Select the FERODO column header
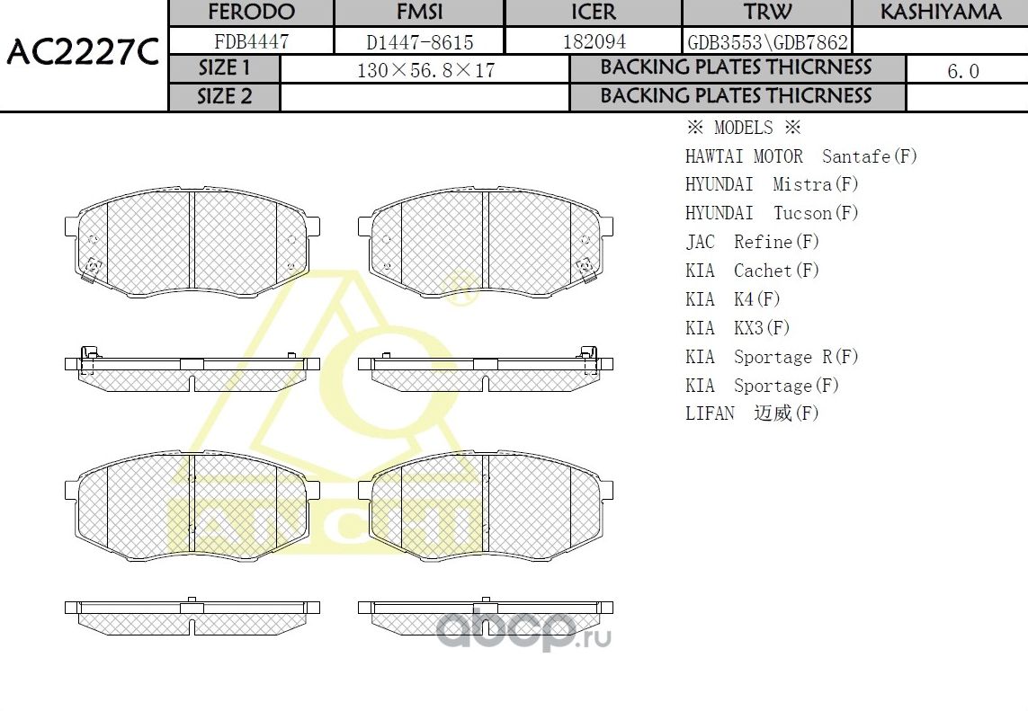[251, 13]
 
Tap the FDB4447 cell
[251, 41]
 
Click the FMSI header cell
[419, 13]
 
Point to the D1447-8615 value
[419, 41]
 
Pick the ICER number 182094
[594, 41]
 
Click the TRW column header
[767, 13]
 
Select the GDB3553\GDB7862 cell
[767, 41]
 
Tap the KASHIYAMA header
[940, 13]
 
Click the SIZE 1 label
[225, 68]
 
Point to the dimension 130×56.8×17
[425, 70]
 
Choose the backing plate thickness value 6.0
[963, 71]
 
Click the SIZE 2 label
[225, 97]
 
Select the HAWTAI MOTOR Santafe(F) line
[800, 156]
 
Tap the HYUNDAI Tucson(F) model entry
[772, 213]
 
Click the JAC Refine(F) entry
[753, 242]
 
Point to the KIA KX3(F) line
[737, 328]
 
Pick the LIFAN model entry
[752, 413]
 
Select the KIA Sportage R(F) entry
[772, 357]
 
